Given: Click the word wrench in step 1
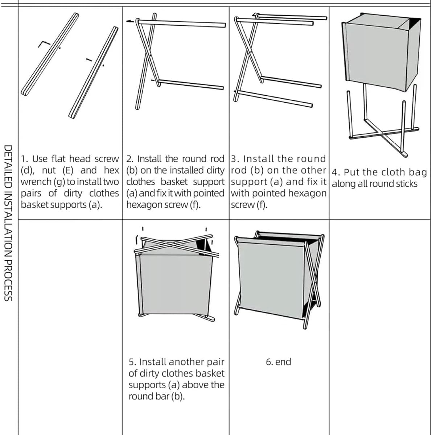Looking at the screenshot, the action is point(36,182).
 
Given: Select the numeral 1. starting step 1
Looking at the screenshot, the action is point(24,159).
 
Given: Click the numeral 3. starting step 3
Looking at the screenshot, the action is point(235,159).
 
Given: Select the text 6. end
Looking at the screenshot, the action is point(278,362).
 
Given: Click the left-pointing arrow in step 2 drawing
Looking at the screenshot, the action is point(130,21).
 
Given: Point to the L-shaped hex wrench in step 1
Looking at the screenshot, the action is point(44,44).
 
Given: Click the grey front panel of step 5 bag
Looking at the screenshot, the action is point(175,285).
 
